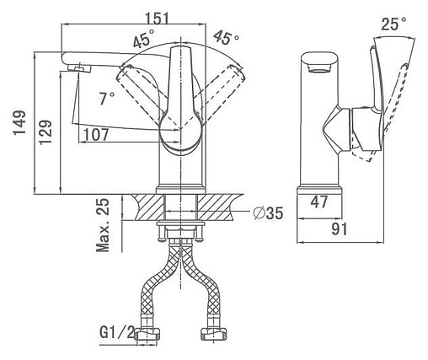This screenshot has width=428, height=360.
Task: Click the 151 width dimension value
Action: click(158, 19)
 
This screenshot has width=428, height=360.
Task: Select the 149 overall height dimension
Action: click(19, 123)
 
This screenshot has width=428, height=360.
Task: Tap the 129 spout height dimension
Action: click(45, 132)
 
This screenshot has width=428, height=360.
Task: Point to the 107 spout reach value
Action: click(96, 135)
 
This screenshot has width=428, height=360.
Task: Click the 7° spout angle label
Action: click(107, 98)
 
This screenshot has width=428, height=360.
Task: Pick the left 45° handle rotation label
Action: click(144, 40)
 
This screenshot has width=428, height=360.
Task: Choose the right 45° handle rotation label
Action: click(226, 38)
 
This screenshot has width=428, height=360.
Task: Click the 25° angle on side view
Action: click(393, 24)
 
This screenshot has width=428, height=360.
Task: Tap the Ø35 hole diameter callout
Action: click(268, 213)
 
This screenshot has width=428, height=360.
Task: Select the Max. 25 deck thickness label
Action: click(103, 225)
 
